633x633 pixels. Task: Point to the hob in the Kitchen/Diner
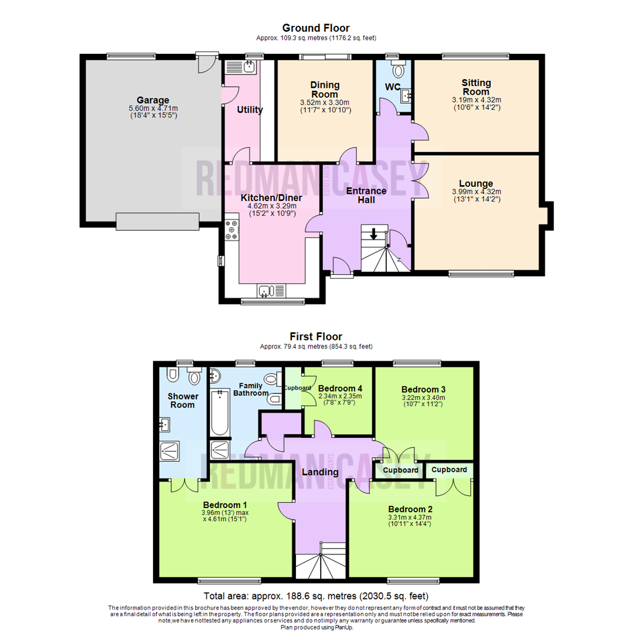point(230,230)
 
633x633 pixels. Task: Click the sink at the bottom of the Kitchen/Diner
point(266,291)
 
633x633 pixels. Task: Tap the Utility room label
point(250,110)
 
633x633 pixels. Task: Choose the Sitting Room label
point(476,87)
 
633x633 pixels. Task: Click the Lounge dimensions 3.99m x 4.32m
point(476,192)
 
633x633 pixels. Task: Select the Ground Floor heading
point(316,28)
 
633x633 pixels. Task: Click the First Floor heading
point(316,336)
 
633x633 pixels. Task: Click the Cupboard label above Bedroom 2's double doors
point(449,469)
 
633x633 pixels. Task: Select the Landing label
point(320,472)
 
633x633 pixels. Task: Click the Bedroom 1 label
point(224,505)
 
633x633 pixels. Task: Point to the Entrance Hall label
point(366,195)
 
